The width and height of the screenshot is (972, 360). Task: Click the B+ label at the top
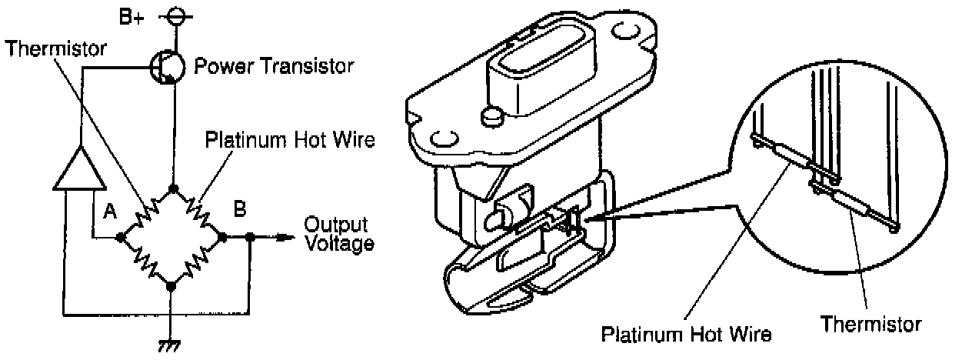pyautogui.click(x=131, y=16)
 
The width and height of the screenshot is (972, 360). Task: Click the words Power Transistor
pyautogui.click(x=274, y=66)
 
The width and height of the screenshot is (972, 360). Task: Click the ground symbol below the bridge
pyautogui.click(x=171, y=344)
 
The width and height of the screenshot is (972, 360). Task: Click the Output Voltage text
pyautogui.click(x=339, y=235)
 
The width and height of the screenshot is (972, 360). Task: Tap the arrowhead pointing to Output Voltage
pyautogui.click(x=286, y=238)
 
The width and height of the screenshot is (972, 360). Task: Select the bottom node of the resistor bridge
pyautogui.click(x=171, y=285)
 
